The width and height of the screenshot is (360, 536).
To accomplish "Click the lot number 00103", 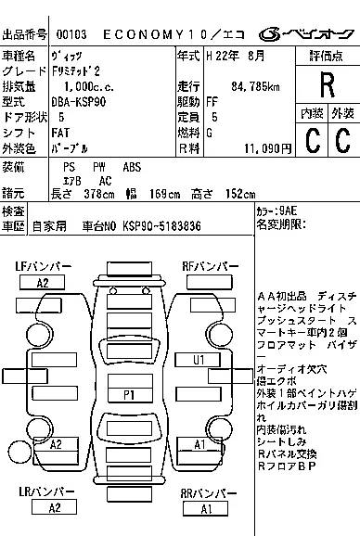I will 71,33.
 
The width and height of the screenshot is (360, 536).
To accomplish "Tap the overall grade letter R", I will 326,84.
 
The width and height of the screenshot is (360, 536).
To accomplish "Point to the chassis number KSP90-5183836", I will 163,225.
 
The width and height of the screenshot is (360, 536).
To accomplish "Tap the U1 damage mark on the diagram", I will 199,359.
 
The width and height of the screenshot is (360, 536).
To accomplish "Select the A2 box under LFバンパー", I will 43,282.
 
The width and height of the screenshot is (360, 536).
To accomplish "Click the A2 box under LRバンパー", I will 55,507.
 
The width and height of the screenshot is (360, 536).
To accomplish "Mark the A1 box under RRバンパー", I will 206,508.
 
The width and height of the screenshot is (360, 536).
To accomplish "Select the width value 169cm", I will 167,194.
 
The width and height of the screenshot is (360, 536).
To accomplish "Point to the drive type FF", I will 213,102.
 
